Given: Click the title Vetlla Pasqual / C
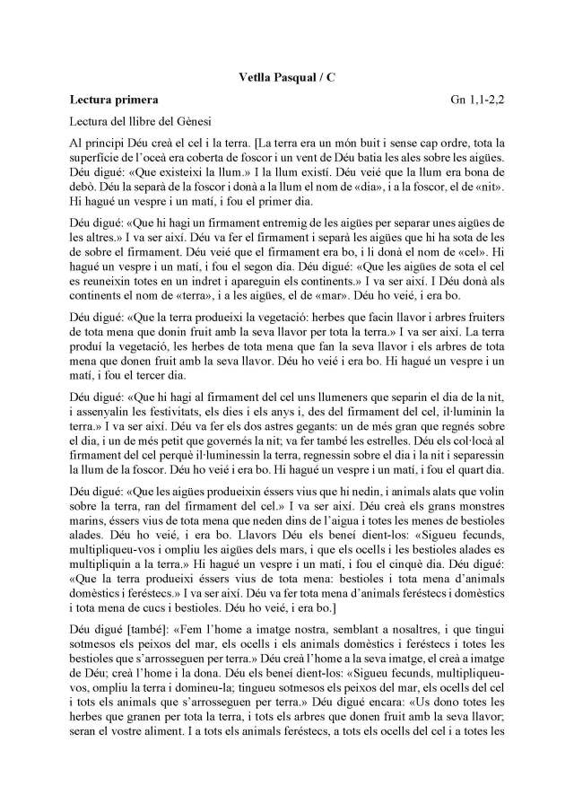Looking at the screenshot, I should pos(286,78).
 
